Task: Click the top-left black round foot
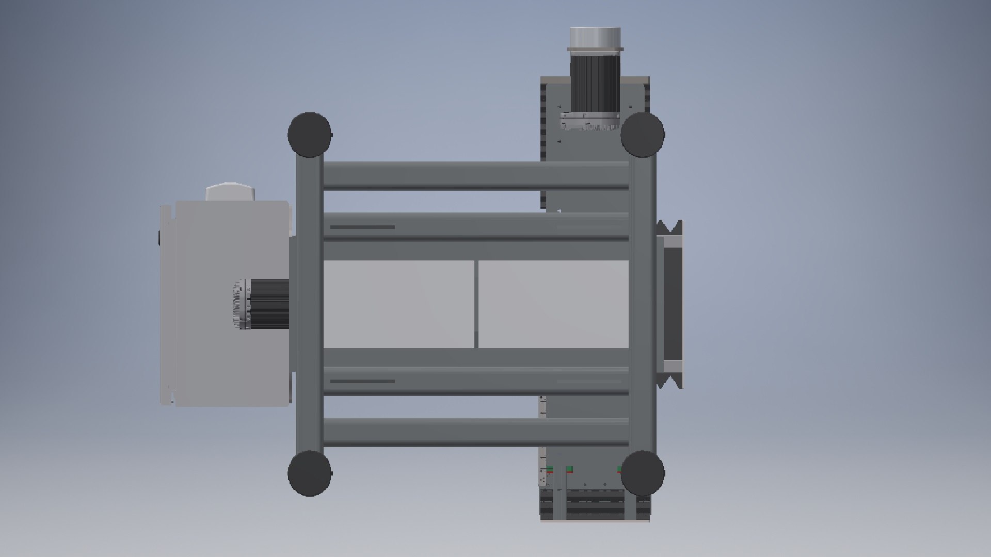(x=309, y=134)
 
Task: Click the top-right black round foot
(x=642, y=134)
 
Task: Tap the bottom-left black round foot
(x=309, y=473)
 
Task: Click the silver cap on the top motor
(x=595, y=38)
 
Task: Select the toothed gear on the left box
(x=239, y=304)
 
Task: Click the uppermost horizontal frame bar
(x=475, y=175)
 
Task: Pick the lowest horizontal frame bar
(x=475, y=432)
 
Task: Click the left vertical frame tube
(x=309, y=304)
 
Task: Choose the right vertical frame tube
(x=642, y=304)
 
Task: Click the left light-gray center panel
(x=398, y=304)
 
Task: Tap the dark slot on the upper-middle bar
(x=362, y=227)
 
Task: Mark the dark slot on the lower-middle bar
(x=362, y=382)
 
